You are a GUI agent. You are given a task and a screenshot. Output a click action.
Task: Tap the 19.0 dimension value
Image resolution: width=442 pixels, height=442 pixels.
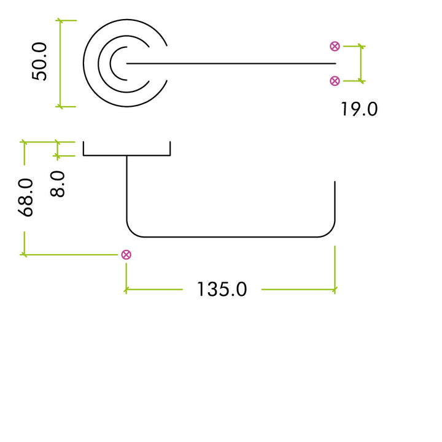(359, 109)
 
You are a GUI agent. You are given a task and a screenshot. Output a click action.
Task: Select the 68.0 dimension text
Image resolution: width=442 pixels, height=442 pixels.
(26, 198)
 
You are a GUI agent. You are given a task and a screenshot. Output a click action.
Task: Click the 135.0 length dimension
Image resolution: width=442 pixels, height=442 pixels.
(222, 289)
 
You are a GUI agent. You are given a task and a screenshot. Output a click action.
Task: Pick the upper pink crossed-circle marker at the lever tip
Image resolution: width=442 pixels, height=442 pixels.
(335, 46)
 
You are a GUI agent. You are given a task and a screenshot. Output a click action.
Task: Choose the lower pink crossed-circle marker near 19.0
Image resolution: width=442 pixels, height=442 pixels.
(335, 80)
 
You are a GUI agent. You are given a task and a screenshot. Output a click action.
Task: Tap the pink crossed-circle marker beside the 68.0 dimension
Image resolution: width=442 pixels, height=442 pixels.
(126, 255)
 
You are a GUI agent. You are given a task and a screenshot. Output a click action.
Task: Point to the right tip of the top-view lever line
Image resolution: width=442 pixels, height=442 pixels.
(335, 63)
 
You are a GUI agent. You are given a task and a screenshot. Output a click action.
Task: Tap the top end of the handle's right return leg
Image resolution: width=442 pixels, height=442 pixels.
(335, 183)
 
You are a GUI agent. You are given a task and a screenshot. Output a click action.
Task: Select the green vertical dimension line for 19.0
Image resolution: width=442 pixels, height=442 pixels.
(361, 63)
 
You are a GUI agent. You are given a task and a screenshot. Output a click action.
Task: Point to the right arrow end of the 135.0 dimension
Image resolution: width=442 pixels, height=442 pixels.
(335, 289)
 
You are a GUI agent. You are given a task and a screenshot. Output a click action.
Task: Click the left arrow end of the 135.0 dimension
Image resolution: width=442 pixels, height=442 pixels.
(126, 289)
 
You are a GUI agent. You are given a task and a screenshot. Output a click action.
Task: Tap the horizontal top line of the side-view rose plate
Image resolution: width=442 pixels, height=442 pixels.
(126, 155)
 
